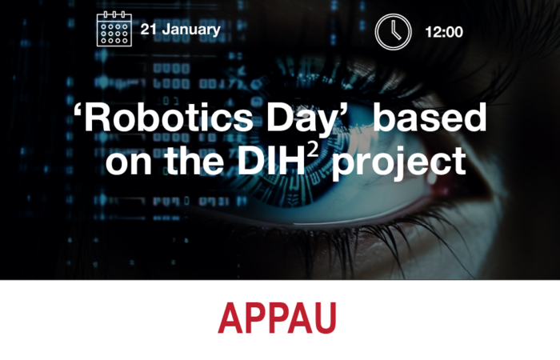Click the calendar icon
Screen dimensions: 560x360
click(114, 29)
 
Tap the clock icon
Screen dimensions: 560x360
click(393, 32)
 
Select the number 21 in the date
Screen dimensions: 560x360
click(149, 29)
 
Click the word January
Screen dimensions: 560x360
click(191, 30)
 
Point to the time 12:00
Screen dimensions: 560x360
click(444, 32)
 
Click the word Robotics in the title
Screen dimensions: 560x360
click(168, 118)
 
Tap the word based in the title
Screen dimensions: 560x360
click(430, 117)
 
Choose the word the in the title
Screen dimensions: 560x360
click(194, 160)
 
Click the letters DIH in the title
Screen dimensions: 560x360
click(271, 160)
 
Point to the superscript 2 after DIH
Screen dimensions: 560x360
click(313, 150)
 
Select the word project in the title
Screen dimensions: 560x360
click(399, 163)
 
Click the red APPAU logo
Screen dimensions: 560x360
click(277, 318)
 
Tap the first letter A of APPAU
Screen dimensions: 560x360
click(230, 318)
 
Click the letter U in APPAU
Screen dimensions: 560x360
click(325, 318)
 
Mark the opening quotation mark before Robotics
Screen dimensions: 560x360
click(78, 110)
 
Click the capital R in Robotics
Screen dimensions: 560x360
click(98, 118)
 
